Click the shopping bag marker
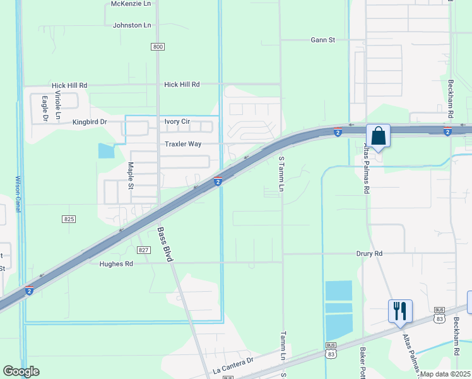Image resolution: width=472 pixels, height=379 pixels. click(378, 136)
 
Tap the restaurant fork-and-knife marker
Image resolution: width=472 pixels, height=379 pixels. click(400, 311)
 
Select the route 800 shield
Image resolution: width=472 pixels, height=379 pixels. click(158, 47)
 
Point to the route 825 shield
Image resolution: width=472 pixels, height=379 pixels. click(69, 219)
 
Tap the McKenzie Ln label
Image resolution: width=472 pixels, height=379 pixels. click(131, 4)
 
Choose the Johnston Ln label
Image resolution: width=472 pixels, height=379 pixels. click(132, 25)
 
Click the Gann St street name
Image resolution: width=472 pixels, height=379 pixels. click(322, 40)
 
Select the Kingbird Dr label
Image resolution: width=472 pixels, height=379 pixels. click(90, 121)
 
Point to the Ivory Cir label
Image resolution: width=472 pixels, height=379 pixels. click(177, 121)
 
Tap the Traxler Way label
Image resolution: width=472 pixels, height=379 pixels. click(183, 144)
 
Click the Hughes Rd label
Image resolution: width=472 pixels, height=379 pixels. click(116, 264)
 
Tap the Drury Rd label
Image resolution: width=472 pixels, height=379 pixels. click(370, 253)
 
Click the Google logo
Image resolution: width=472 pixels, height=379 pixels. click(21, 371)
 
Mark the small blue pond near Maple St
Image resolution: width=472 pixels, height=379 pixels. click(106, 151)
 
